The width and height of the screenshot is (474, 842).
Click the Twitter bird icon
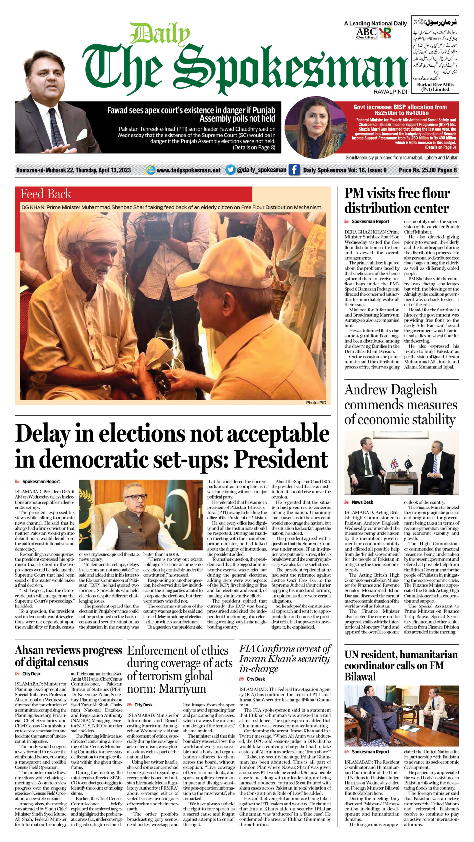pyautogui.click(x=231, y=170)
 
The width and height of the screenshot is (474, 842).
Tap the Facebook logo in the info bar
pyautogui.click(x=294, y=170)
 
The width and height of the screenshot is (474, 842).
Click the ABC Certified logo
pyautogui.click(x=366, y=33)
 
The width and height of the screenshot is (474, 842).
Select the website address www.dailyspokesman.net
pyautogui.click(x=188, y=170)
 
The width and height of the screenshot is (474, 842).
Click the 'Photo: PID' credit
pyautogui.click(x=316, y=402)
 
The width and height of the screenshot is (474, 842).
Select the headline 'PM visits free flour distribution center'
pyautogui.click(x=397, y=201)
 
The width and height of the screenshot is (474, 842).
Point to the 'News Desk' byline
pyautogui.click(x=362, y=502)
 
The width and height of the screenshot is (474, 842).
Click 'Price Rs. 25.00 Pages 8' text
pyautogui.click(x=427, y=170)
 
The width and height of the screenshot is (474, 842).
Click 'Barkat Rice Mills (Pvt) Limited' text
pyautogui.click(x=435, y=87)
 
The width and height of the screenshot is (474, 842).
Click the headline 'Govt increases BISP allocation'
pyautogui.click(x=400, y=110)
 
